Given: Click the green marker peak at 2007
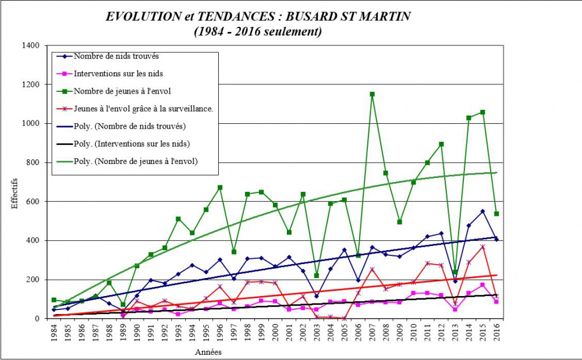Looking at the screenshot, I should [372, 94].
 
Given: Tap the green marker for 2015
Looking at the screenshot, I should [482, 112].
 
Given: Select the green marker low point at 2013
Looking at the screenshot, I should [455, 272].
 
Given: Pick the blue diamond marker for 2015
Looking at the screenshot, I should [482, 211].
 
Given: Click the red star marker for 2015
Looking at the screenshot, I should [482, 247].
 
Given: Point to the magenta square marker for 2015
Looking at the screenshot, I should [482, 285].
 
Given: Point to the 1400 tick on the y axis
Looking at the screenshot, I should [30, 45].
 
